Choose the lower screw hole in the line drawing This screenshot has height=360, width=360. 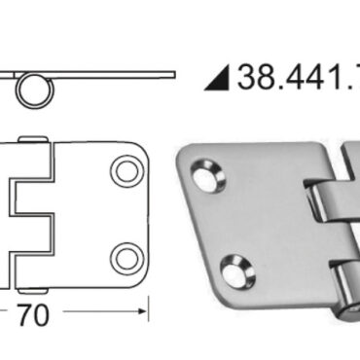[x=125, y=258]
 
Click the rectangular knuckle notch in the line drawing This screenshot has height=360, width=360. [x=32, y=215]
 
